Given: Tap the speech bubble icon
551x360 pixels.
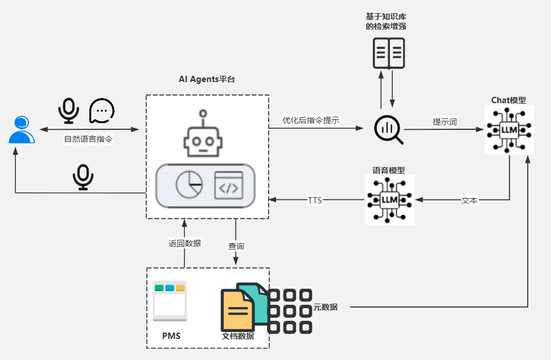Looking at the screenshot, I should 102,111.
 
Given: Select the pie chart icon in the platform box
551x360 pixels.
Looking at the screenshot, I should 189,185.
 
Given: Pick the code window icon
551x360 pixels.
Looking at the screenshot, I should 229,185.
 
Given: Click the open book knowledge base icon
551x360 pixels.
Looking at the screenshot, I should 388,54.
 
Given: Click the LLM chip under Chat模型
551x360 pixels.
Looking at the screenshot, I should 509,129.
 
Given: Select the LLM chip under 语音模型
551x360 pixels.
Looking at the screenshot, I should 389,199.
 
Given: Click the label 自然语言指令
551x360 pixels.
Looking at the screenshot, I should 89,139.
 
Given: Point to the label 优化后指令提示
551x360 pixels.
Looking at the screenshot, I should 311,120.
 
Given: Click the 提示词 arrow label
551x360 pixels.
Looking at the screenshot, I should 445,122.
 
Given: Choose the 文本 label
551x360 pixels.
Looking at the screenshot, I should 469,201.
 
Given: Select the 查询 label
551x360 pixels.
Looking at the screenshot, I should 236,246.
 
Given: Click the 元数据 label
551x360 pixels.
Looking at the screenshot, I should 326,307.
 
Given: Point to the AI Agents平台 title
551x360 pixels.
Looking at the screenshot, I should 207,79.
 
